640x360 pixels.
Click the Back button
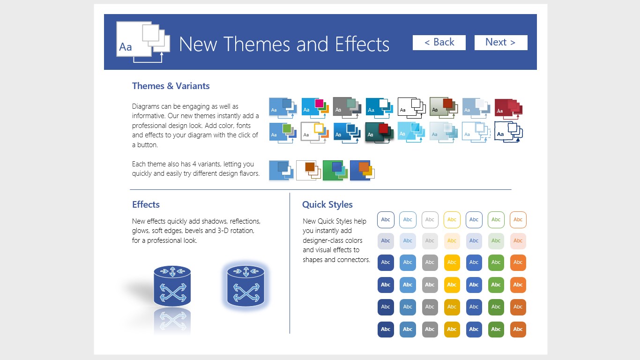pos(439,42)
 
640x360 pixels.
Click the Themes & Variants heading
pos(171,86)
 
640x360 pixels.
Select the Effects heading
pos(146,204)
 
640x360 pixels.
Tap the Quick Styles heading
pos(327,204)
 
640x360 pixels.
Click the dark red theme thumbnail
pos(508,109)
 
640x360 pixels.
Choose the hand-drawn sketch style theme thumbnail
pos(508,132)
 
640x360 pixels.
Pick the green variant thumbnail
pos(335,171)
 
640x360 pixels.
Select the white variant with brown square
pos(308,171)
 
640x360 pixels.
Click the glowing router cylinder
pos(246,286)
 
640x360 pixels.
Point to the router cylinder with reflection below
pos(172,286)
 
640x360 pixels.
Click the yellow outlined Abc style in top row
pos(452,219)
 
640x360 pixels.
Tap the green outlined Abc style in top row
pos(496,219)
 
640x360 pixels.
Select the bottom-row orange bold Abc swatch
pos(518,329)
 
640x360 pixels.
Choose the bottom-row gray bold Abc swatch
pos(430,329)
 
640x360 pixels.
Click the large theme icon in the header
pos(143,42)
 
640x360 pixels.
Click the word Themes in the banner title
pos(258,44)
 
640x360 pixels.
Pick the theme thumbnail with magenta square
pos(315,108)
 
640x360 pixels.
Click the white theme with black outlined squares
pos(412,108)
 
